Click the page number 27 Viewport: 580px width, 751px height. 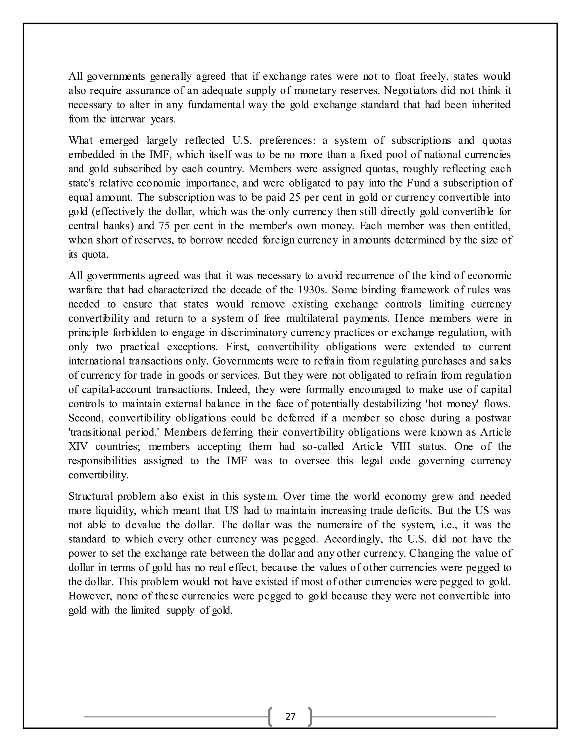pyautogui.click(x=290, y=716)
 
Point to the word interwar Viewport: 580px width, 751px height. pyautogui.click(x=129, y=119)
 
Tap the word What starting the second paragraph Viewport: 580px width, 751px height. pyautogui.click(x=80, y=140)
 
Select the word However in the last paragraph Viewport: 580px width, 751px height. pyautogui.click(x=90, y=596)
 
